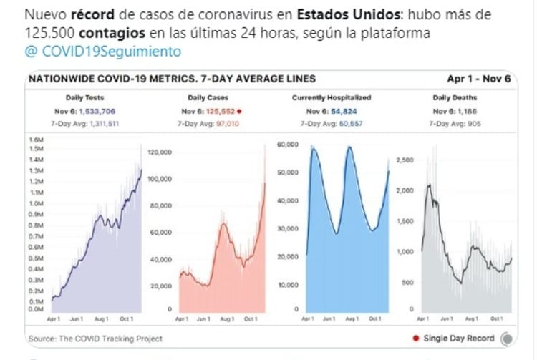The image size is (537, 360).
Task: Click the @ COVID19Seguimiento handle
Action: (x=102, y=52)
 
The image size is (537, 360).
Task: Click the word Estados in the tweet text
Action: (x=329, y=16)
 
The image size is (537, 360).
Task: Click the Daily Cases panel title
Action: (x=208, y=97)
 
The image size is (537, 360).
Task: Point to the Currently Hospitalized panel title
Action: (x=332, y=97)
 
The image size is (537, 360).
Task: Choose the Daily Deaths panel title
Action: (x=453, y=97)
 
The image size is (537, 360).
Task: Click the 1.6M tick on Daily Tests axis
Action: (x=34, y=140)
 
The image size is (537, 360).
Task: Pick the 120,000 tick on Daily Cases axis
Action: (x=160, y=152)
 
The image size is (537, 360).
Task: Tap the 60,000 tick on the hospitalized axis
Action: (x=287, y=145)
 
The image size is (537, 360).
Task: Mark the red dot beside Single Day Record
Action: (x=416, y=338)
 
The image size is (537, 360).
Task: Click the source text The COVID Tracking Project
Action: (x=109, y=338)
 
